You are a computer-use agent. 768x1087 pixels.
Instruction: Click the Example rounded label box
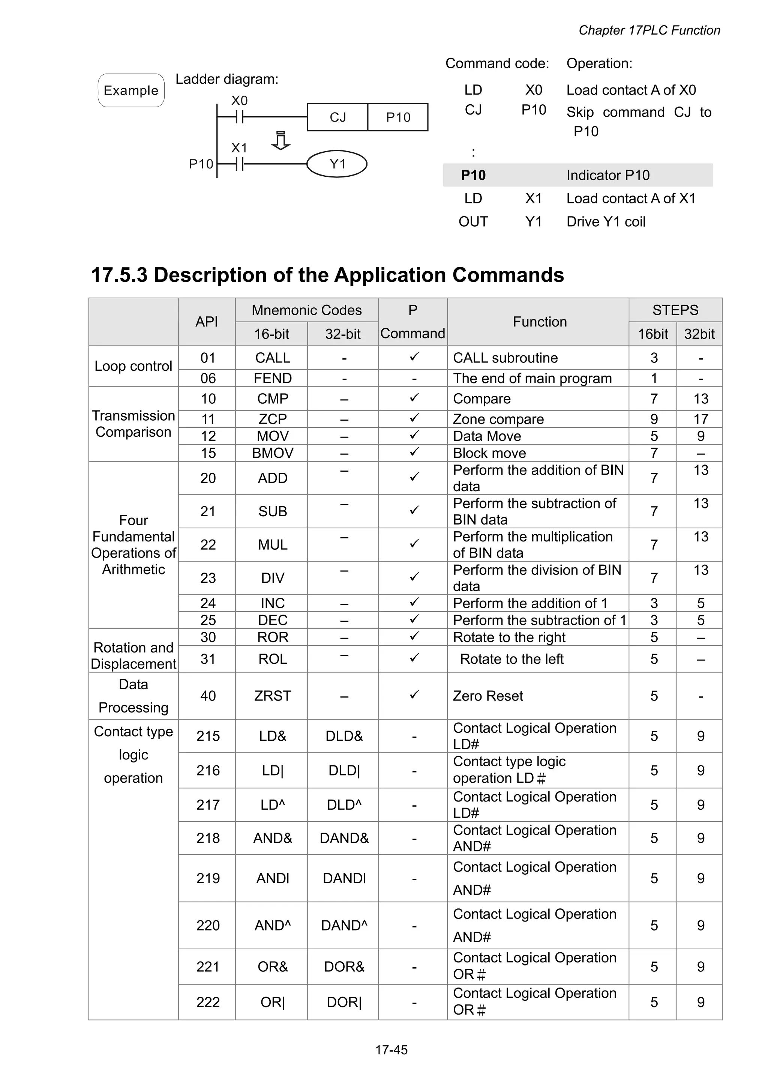click(131, 90)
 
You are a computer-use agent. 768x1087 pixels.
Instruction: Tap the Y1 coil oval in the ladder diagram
click(337, 164)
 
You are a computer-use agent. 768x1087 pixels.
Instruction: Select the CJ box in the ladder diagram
click(337, 117)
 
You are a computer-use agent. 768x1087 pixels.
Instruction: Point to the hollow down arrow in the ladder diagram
click(280, 141)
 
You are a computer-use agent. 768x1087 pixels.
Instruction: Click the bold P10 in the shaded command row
click(473, 175)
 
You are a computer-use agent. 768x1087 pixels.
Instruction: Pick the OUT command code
click(473, 222)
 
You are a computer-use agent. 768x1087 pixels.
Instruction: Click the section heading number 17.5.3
click(119, 275)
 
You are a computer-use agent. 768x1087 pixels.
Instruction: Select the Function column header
click(540, 322)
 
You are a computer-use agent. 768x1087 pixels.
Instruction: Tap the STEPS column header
click(675, 310)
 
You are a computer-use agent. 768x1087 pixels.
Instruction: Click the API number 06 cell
click(208, 378)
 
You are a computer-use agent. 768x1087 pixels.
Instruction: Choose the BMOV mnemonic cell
click(273, 453)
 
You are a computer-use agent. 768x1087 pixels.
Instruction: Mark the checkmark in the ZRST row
click(414, 695)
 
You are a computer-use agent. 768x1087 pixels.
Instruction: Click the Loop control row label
click(133, 366)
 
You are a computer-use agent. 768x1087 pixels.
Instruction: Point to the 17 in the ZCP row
click(700, 419)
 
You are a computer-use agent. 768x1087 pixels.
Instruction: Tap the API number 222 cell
click(208, 1002)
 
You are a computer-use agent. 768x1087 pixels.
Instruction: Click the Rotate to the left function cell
click(511, 659)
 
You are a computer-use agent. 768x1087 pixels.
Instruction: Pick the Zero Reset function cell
click(488, 696)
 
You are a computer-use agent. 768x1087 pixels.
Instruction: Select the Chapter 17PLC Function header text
click(649, 30)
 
